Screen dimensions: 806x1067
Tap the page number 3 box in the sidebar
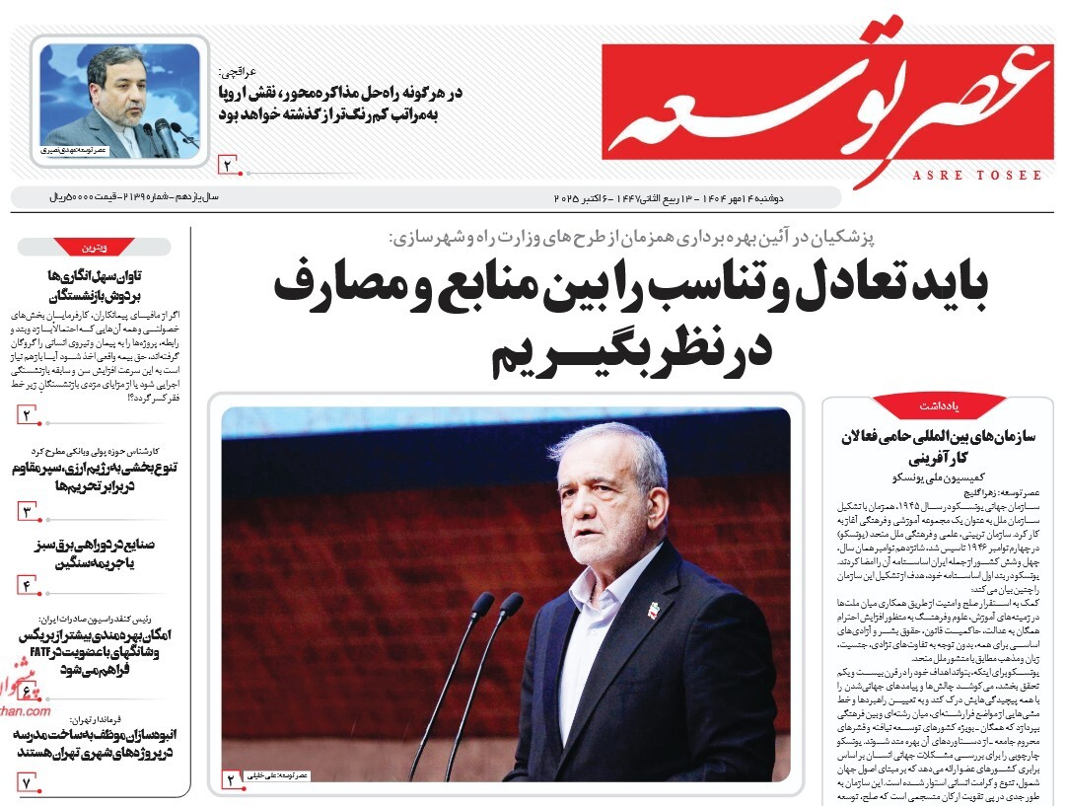pyautogui.click(x=28, y=511)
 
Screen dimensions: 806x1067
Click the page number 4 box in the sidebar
pyautogui.click(x=28, y=586)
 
